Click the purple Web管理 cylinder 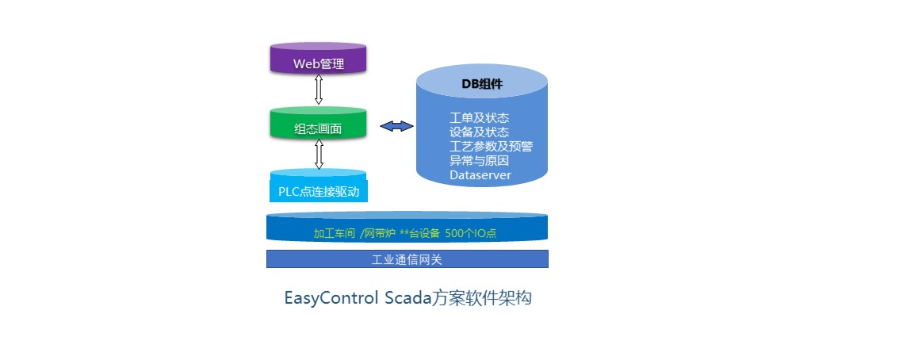click(x=319, y=58)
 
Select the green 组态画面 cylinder click(x=319, y=122)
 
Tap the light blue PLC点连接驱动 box click(x=319, y=186)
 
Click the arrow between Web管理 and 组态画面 click(x=319, y=90)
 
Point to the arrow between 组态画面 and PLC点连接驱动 click(x=319, y=154)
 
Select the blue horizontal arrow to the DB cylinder click(x=396, y=126)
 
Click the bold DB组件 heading click(x=482, y=84)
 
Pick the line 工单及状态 click(x=480, y=118)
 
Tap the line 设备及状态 click(x=480, y=132)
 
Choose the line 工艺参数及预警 click(x=492, y=147)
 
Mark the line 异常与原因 click(x=480, y=161)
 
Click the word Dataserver click(x=480, y=175)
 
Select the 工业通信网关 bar click(x=407, y=259)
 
